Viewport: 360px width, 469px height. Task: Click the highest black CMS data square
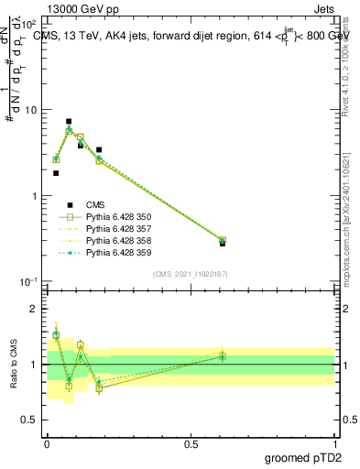[69, 121]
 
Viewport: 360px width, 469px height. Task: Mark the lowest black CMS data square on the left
[56, 173]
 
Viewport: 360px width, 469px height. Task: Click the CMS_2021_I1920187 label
[190, 274]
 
